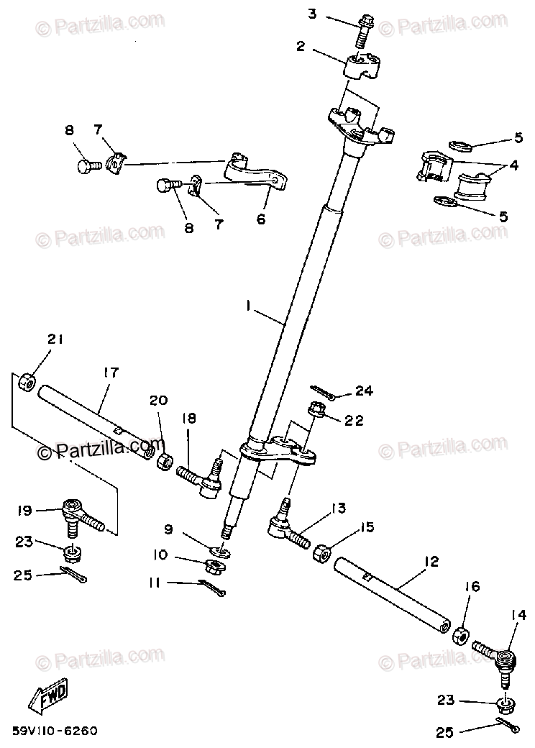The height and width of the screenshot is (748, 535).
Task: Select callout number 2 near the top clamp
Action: click(x=301, y=47)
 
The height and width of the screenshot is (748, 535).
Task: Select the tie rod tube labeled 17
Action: click(x=96, y=424)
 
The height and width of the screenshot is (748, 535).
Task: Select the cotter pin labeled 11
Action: click(x=214, y=586)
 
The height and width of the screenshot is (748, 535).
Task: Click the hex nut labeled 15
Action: click(x=323, y=554)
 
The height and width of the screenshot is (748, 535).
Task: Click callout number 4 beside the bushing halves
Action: click(x=513, y=165)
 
